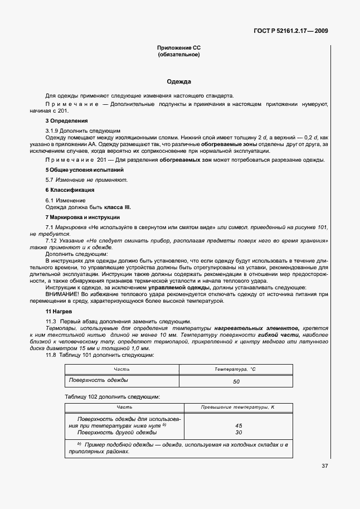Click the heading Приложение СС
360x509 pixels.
pyautogui.click(x=179, y=49)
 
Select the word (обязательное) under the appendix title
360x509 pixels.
pyautogui.click(x=179, y=55)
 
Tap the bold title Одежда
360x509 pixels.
pyautogui.click(x=179, y=81)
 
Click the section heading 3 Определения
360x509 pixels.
pyautogui.click(x=66, y=121)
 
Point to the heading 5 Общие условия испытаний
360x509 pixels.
pyautogui.click(x=84, y=169)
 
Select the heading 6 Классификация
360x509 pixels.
pyautogui.click(x=70, y=190)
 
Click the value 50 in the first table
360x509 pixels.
pyautogui.click(x=236, y=382)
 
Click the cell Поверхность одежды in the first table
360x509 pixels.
pyautogui.click(x=98, y=380)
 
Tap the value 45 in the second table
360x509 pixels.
pyautogui.click(x=239, y=425)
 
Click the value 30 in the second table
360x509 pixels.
pyautogui.click(x=239, y=432)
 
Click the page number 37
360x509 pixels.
pyautogui.click(x=324, y=466)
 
